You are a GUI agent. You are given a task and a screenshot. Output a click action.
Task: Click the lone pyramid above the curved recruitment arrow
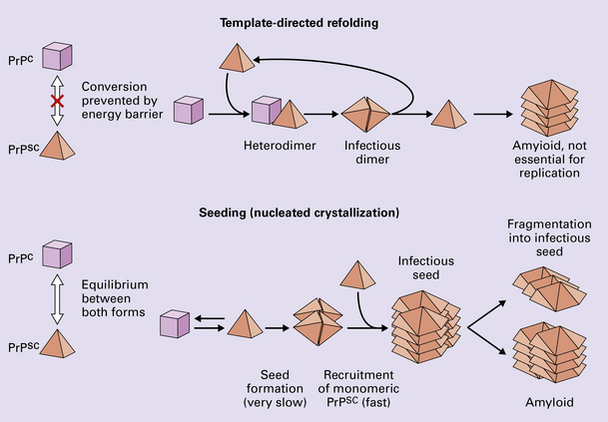(x=357, y=276)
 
